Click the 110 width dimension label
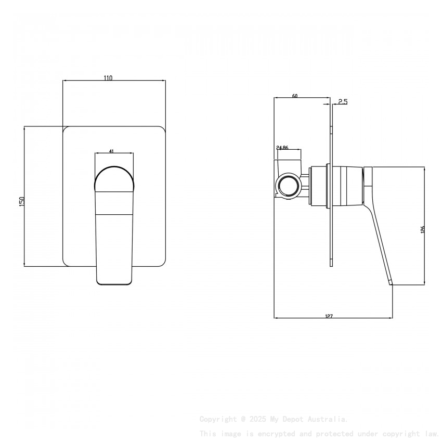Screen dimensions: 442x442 click(108, 78)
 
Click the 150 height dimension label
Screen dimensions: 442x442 click(22, 201)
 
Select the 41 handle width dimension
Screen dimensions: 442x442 click(112, 151)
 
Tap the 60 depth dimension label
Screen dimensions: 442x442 click(295, 96)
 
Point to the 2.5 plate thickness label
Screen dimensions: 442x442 click(343, 102)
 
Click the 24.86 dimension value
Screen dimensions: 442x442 click(282, 148)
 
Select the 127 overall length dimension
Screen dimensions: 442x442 click(329, 316)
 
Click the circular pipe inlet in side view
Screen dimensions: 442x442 click(288, 185)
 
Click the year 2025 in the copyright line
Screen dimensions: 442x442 click(257, 419)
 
